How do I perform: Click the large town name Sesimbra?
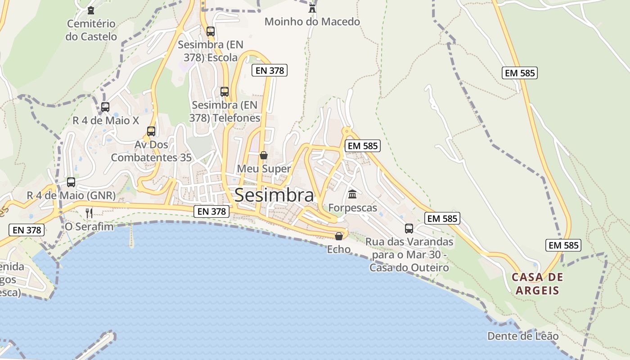[x=274, y=195]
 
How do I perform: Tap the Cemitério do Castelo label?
[x=91, y=30]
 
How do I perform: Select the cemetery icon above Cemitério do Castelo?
[x=91, y=10]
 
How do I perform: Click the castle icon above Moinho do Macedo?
[x=312, y=8]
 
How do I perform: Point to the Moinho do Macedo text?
[x=312, y=22]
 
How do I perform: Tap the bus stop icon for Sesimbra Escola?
[x=210, y=31]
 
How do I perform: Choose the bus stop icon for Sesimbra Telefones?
[x=225, y=92]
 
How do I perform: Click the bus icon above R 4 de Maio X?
[x=105, y=107]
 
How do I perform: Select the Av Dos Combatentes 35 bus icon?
[x=151, y=131]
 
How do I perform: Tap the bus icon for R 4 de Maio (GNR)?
[x=71, y=182]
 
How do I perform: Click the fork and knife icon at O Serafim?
[x=89, y=213]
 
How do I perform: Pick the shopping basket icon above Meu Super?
[x=264, y=155]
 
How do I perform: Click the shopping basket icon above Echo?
[x=339, y=236]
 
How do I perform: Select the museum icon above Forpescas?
[x=352, y=194]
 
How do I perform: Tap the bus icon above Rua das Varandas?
[x=409, y=229]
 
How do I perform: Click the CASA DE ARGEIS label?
[x=537, y=283]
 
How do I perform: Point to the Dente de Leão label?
[x=523, y=336]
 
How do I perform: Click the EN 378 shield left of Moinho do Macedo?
[x=269, y=70]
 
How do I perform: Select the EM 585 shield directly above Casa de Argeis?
[x=563, y=245]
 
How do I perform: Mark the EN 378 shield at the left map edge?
[x=27, y=230]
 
